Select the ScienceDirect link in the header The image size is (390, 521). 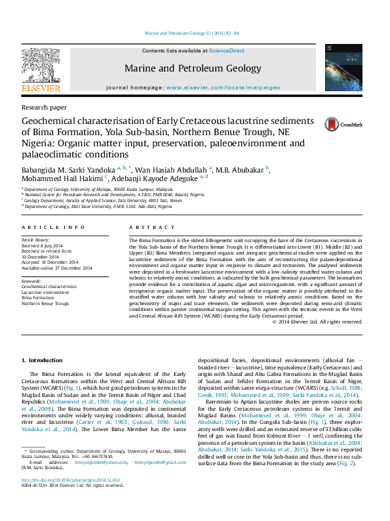pos(227,51)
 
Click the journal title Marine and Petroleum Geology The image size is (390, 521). pos(193,68)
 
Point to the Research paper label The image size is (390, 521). pos(44,106)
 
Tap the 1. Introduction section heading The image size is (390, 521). pos(43,360)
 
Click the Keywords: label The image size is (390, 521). pos(32,281)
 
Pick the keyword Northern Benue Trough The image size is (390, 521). pos(45,304)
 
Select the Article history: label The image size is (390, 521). pos(37,241)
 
